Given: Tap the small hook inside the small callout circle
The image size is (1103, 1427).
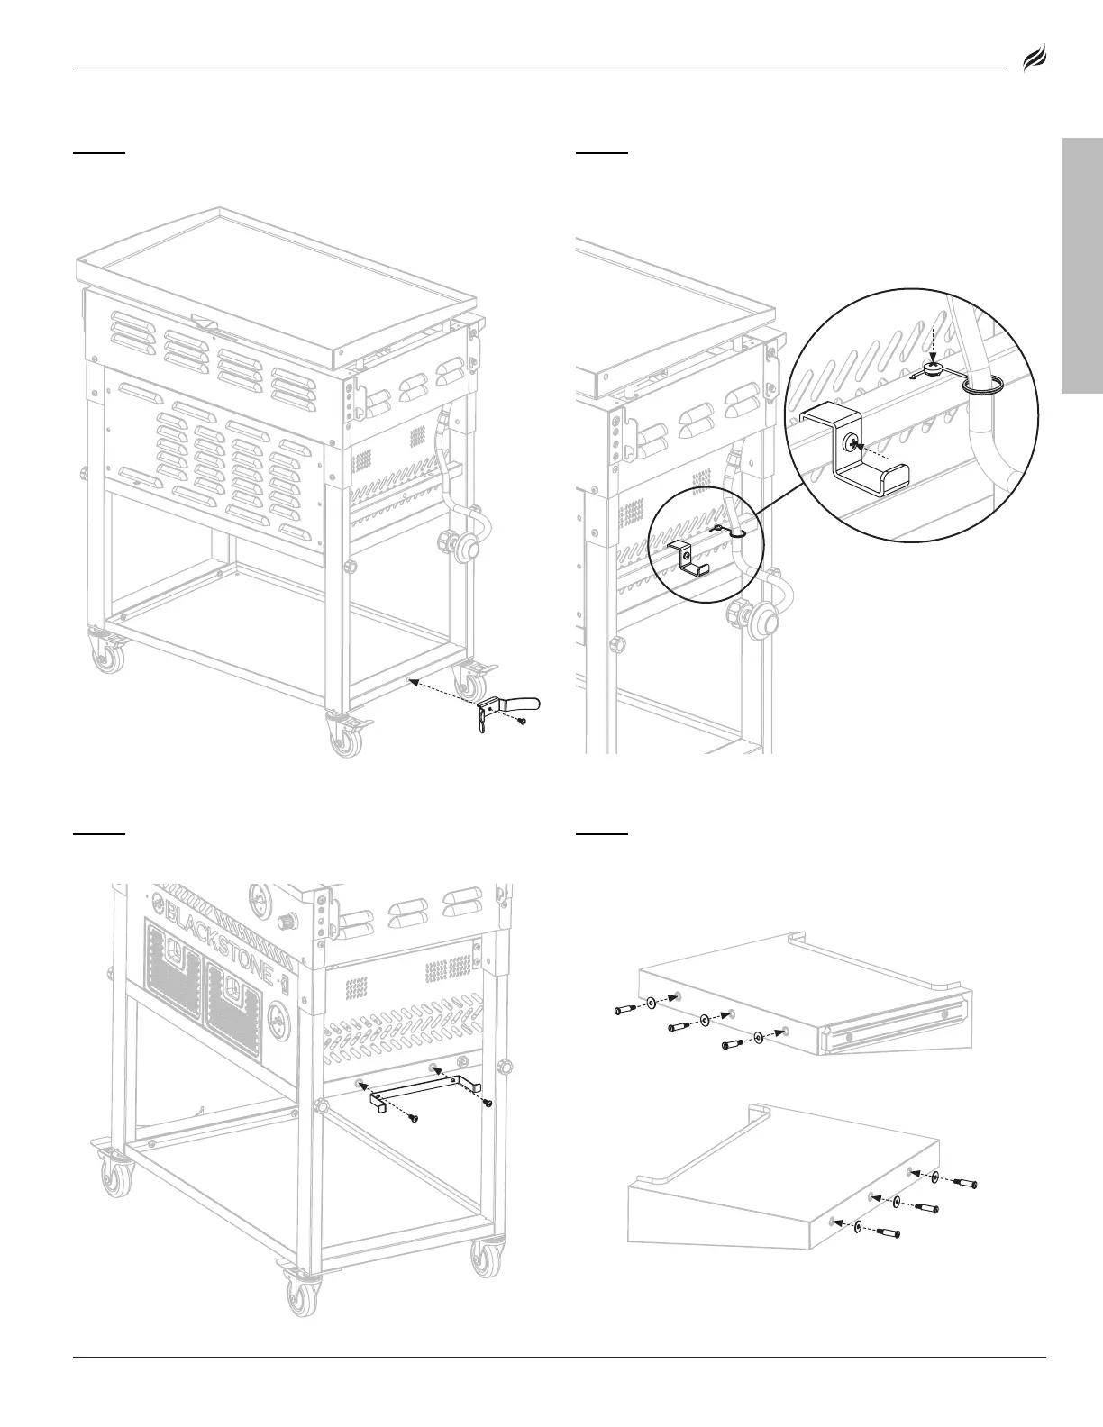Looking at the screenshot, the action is pyautogui.click(x=691, y=559).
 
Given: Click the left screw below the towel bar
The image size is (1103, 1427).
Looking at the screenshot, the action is pyautogui.click(x=413, y=1118).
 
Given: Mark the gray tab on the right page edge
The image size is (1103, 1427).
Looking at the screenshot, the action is pyautogui.click(x=1082, y=265).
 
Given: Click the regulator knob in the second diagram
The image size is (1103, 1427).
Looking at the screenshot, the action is pyautogui.click(x=763, y=621).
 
